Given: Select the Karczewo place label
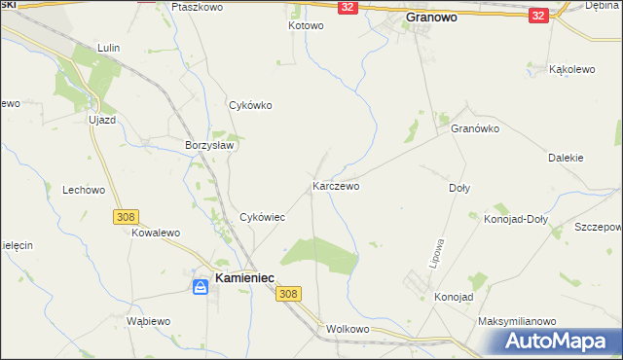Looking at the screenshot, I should (336, 185).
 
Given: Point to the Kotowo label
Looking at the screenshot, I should (305, 25).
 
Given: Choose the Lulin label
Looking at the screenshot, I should (108, 47).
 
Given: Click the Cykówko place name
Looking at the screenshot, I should (249, 105).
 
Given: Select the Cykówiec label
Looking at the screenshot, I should (262, 217).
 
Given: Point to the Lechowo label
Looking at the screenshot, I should (83, 191).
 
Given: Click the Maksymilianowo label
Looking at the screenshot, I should (516, 321).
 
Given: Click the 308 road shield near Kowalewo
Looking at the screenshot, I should (126, 216).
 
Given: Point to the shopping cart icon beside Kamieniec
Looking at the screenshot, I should (199, 285).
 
